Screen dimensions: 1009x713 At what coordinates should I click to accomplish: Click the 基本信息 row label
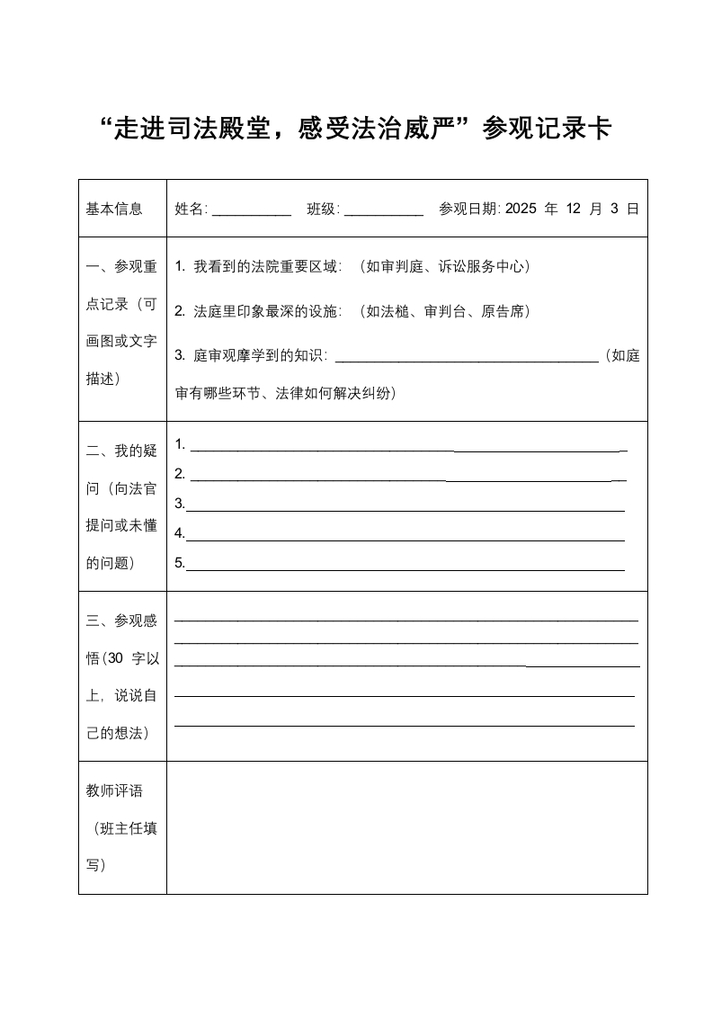[114, 210]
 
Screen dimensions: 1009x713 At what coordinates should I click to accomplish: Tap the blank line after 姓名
[251, 214]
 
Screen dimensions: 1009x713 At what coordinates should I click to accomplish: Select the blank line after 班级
[383, 214]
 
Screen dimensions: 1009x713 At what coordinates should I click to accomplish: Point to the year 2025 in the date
[521, 210]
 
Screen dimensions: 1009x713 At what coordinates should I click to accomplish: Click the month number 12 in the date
[575, 210]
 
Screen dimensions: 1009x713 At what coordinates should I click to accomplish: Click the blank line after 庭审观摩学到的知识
[466, 359]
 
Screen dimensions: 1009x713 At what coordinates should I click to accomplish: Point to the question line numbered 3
[405, 509]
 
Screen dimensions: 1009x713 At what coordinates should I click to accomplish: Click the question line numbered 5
[405, 568]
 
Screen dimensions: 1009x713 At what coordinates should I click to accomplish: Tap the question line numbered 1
[405, 448]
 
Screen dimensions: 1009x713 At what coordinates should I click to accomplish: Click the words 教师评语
[114, 791]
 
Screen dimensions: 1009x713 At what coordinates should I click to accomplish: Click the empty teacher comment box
[406, 827]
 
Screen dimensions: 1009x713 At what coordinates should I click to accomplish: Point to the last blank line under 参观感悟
[405, 724]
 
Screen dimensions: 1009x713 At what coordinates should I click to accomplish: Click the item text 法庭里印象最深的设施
[268, 311]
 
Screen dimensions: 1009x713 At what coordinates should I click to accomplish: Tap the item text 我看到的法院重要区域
[268, 266]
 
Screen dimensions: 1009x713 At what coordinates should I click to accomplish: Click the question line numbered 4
[405, 540]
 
